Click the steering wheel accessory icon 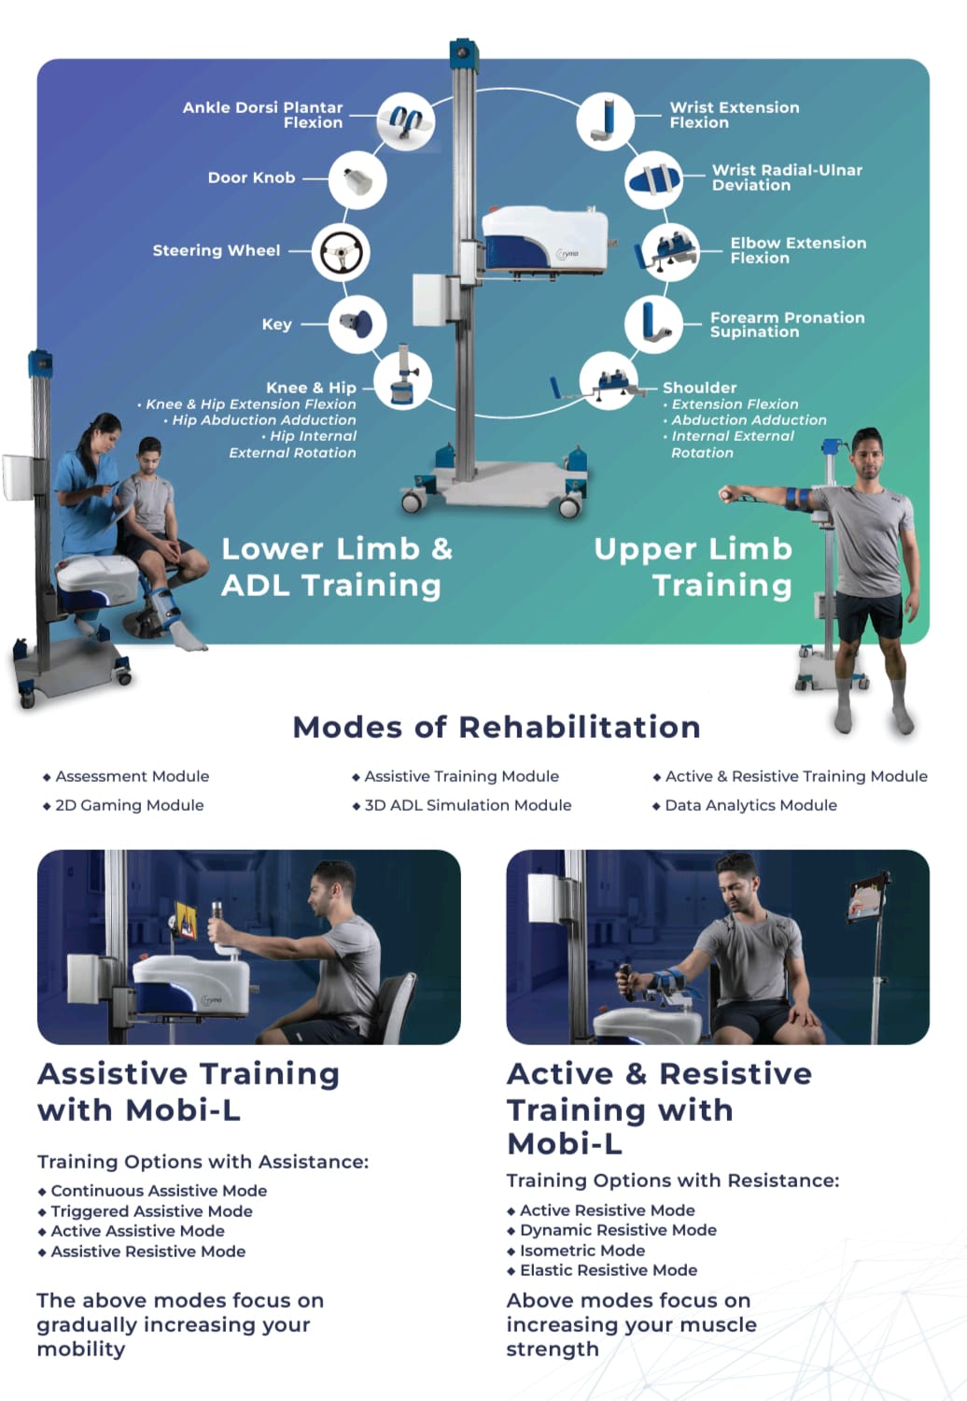click(x=341, y=252)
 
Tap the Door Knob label click(x=251, y=177)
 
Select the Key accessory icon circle click(x=357, y=324)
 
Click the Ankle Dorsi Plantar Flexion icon click(x=406, y=120)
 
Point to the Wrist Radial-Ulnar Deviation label click(x=787, y=177)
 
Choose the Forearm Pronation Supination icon click(x=653, y=324)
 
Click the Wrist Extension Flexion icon click(x=605, y=120)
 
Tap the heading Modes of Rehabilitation click(x=497, y=727)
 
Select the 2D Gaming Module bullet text click(x=130, y=805)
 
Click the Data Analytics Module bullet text click(x=750, y=805)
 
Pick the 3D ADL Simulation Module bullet click(x=468, y=805)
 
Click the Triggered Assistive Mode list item click(x=151, y=1210)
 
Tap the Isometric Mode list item click(x=582, y=1250)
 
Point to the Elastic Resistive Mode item click(x=609, y=1269)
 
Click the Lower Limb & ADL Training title click(x=336, y=567)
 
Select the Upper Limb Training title click(x=694, y=567)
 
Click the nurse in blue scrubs click(x=88, y=501)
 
